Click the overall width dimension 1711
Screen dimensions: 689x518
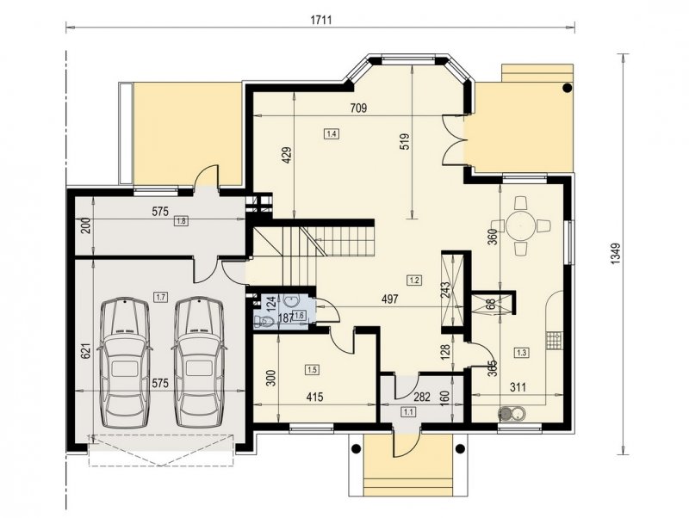320,20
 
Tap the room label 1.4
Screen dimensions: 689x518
332,133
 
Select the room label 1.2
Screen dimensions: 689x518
415,280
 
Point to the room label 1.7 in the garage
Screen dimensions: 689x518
160,297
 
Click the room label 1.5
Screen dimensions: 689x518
312,370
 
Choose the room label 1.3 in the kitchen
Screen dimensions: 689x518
522,352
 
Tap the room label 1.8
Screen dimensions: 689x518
181,221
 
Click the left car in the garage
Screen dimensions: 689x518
125,362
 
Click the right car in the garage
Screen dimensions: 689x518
199,362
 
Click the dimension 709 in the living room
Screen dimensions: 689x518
358,108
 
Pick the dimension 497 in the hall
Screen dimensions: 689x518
390,299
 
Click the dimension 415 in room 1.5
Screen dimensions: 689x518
314,398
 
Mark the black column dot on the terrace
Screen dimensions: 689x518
568,88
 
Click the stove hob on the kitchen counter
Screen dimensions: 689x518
554,341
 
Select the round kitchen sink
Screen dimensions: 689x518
506,413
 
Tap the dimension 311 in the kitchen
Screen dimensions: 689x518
518,387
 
